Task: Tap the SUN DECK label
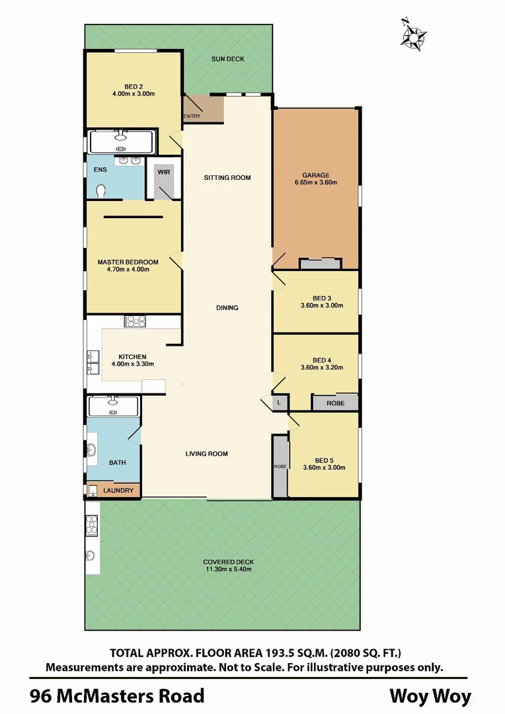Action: point(227,59)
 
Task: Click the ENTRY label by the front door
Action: point(192,117)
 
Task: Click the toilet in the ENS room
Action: point(100,191)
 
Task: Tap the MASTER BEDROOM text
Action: point(128,262)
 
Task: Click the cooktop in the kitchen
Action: point(135,321)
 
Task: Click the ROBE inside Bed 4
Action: point(335,403)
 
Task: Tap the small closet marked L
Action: point(279,403)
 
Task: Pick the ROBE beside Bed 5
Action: point(279,466)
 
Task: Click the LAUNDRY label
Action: point(119,491)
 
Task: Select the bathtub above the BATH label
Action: point(112,405)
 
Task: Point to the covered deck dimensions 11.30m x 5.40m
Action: point(227,570)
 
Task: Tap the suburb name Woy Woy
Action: point(430,696)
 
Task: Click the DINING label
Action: point(227,308)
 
